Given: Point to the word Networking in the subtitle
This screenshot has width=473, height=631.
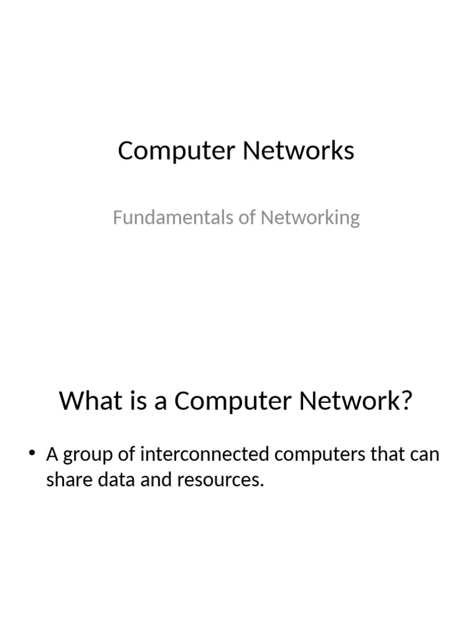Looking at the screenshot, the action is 310,218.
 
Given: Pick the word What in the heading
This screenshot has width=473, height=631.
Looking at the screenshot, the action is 89,402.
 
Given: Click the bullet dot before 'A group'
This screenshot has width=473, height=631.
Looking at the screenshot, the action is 33,455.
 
